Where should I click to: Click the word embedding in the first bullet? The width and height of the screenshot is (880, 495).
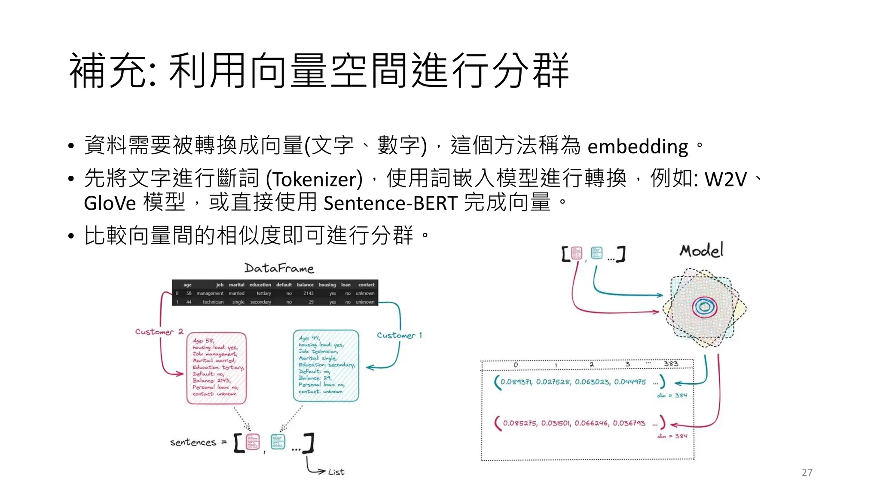pos(638,147)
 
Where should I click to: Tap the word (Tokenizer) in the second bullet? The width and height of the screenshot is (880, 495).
pos(314,179)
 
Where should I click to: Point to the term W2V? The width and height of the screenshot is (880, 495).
pos(726,179)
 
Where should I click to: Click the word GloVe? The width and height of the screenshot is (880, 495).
pos(110,203)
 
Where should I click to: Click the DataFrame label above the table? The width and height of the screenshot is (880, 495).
pos(279,269)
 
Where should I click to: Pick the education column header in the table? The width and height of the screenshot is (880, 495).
pos(260,285)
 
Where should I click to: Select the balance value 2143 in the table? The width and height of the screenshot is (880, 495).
pos(309,293)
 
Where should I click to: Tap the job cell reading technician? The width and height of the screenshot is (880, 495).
pos(213,302)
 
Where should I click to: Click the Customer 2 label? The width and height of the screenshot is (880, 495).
pos(159,332)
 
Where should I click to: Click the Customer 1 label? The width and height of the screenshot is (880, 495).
pos(399,335)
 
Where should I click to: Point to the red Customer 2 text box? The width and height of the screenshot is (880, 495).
pos(217,368)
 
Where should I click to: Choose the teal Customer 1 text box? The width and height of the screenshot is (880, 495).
pos(326,366)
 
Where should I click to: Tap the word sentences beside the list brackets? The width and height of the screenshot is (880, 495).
pos(193,442)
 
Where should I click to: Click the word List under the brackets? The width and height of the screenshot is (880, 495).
pos(336,472)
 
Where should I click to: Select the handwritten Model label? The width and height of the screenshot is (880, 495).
pos(701,250)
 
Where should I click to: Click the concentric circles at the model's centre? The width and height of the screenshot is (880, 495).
pos(704,307)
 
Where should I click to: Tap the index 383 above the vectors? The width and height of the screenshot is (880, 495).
pos(671,364)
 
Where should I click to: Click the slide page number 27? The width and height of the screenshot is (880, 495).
pos(807,473)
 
